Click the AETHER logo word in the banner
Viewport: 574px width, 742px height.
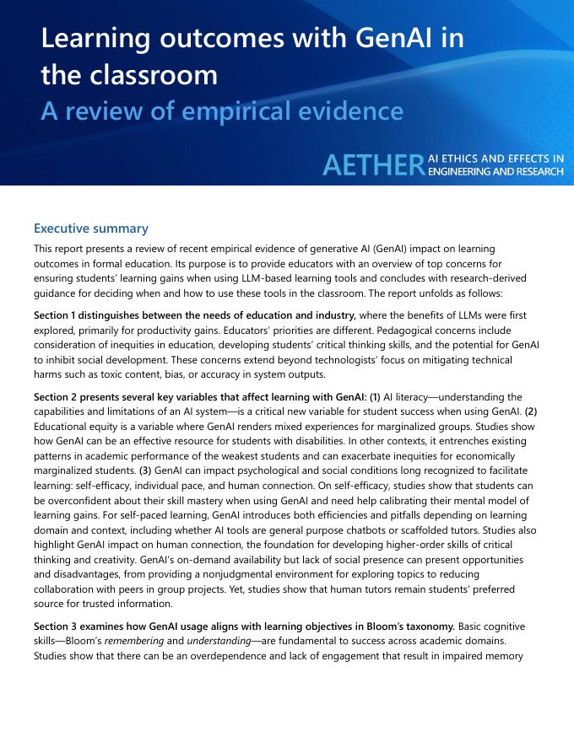click(371, 166)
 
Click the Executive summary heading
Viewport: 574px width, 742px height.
click(91, 229)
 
